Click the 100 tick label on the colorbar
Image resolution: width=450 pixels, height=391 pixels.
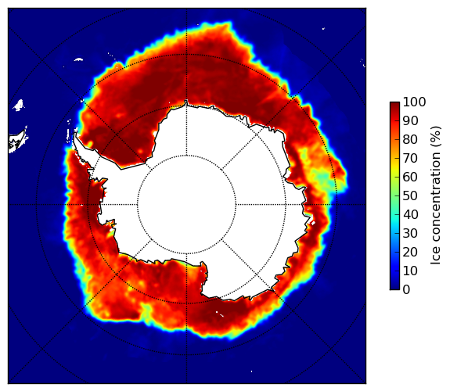(x=414, y=102)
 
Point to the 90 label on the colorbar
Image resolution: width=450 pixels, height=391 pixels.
(x=410, y=120)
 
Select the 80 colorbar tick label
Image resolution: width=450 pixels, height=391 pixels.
(x=410, y=139)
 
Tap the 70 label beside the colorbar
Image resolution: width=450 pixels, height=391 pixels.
(x=410, y=158)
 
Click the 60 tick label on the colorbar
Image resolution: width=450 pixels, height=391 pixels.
(x=410, y=177)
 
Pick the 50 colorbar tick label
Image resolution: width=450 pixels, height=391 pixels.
(x=410, y=196)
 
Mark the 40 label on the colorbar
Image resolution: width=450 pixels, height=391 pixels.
(x=410, y=214)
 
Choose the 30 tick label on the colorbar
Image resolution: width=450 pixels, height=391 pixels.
(x=410, y=234)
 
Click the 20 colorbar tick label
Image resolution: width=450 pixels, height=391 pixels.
(x=410, y=252)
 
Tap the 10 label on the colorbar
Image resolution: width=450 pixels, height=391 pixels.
(x=410, y=271)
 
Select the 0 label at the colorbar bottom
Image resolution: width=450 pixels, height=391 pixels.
(x=406, y=290)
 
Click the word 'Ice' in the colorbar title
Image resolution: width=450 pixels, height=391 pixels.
(x=436, y=257)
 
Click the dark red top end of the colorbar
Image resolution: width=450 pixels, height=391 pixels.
(x=394, y=103)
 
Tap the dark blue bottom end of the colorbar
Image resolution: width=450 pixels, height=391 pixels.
(x=394, y=288)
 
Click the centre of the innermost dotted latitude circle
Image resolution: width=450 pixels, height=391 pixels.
(x=186, y=205)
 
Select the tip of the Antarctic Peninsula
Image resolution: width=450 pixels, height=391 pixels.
(x=75, y=133)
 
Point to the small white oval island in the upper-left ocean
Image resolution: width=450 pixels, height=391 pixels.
(x=78, y=59)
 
